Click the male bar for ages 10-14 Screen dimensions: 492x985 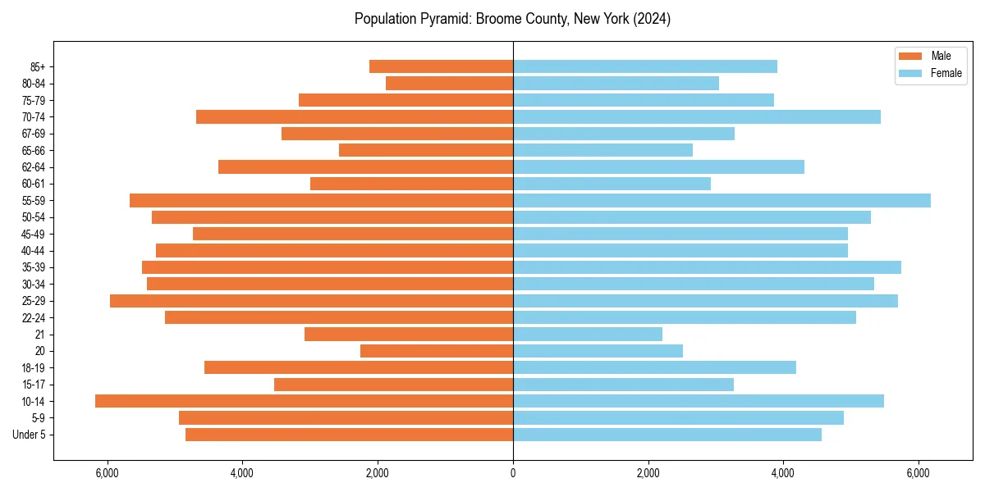coord(304,401)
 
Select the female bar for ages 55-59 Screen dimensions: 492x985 coord(722,201)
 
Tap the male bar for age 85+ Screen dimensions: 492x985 coord(441,66)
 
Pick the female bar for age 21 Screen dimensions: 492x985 coord(588,335)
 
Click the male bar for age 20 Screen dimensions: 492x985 coord(437,351)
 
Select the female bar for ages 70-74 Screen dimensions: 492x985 coord(697,117)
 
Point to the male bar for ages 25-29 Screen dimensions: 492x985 coord(311,301)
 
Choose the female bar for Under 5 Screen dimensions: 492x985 coord(667,435)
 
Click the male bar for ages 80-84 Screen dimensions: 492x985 coord(449,84)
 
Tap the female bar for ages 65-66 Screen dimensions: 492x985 coord(602,150)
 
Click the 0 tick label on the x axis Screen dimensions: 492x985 coord(513,473)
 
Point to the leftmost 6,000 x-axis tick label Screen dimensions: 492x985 coord(108,473)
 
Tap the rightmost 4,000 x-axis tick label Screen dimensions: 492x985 coord(783,473)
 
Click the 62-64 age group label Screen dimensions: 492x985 coord(33,167)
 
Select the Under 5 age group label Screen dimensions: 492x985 coord(29,435)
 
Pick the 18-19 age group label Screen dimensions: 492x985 coord(33,368)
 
